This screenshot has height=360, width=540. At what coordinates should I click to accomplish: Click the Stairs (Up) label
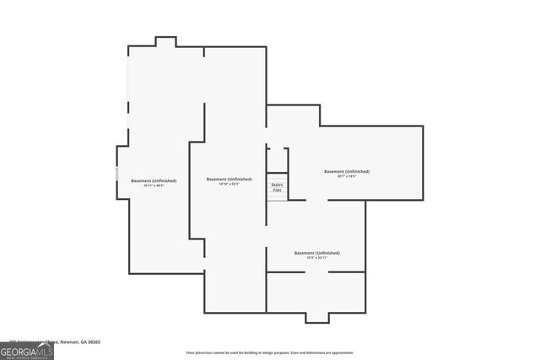tap(276, 186)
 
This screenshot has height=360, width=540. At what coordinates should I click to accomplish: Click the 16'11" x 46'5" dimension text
tap(154, 184)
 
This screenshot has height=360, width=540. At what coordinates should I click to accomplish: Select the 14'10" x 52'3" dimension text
tap(229, 183)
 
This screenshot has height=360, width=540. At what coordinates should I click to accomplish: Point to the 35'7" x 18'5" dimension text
tap(347, 176)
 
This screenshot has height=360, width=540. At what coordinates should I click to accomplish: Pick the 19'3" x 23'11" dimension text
tap(316, 257)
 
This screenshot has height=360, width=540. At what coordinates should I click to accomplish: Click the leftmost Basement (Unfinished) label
tap(154, 180)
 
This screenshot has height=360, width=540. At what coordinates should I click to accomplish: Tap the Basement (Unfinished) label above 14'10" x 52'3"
tap(229, 179)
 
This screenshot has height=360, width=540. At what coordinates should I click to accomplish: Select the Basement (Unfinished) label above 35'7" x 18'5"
tap(347, 171)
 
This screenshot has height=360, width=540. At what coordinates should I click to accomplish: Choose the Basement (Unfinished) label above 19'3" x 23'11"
tap(316, 253)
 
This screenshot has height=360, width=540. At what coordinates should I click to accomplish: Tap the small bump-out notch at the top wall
tap(165, 41)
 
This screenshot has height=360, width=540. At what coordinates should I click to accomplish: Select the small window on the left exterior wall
tap(116, 173)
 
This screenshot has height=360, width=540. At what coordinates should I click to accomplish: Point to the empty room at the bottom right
tap(316, 293)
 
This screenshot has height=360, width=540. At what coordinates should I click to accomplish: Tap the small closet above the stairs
tap(278, 160)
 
